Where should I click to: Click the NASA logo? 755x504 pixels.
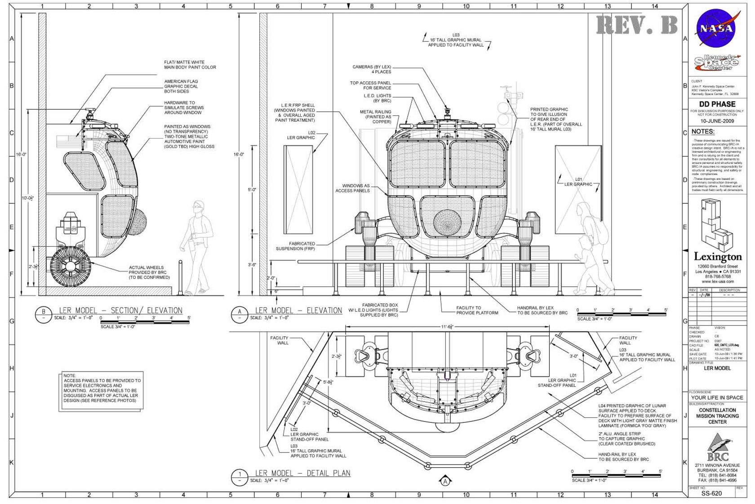717,29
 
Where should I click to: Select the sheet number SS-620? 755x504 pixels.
711,493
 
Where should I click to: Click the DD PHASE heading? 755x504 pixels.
717,104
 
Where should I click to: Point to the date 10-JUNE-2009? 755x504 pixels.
717,121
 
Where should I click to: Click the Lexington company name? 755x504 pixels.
717,257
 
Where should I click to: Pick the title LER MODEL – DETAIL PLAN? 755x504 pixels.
302,473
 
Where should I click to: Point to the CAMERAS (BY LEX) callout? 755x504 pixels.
372,69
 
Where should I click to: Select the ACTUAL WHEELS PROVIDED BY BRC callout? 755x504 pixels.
149,272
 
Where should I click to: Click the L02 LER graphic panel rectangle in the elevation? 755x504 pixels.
298,189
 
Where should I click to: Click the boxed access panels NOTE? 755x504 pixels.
102,390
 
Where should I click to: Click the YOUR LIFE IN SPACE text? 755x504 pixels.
717,398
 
